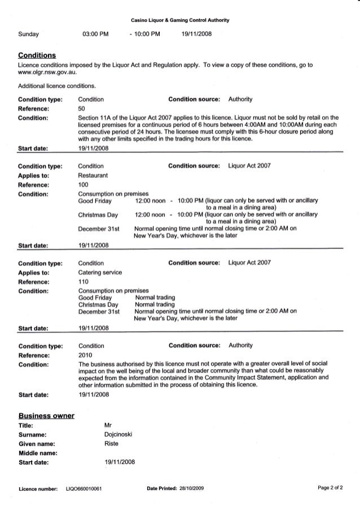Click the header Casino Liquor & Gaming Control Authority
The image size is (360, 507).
[179, 20]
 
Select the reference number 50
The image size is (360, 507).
[81, 108]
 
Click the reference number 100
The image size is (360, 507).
[83, 185]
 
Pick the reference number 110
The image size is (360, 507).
[83, 281]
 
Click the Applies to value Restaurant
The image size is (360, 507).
[91, 176]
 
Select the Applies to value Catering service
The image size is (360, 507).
[99, 272]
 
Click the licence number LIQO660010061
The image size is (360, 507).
[84, 488]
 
